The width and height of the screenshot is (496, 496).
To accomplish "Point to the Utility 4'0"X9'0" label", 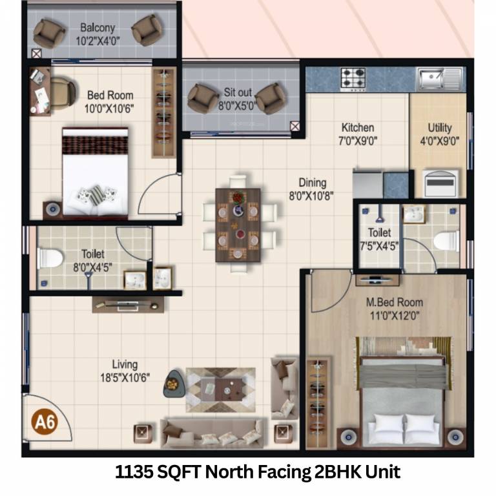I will pos(440,135).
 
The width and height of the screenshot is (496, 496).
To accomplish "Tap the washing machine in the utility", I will pos(444,184).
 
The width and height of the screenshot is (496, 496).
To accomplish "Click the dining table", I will pos(239,224).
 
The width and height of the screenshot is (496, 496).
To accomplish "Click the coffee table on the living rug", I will pos(221,388).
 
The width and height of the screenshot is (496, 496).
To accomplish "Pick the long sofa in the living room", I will pos(213,433).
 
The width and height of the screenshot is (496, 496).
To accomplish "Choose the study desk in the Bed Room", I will pos(40,91).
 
